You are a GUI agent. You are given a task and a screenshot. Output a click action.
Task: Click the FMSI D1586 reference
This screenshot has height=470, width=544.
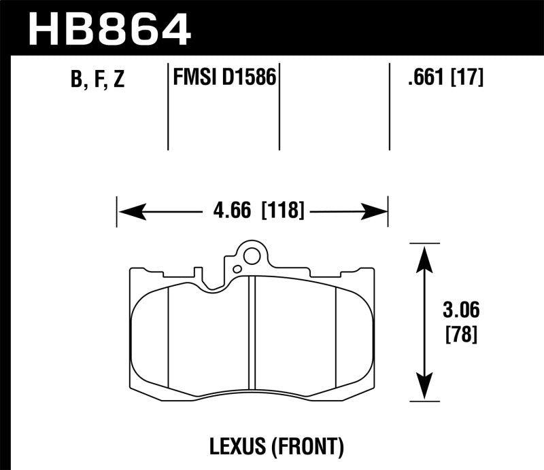tap(224, 78)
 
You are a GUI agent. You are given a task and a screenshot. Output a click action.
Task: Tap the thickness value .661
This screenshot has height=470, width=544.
tap(424, 79)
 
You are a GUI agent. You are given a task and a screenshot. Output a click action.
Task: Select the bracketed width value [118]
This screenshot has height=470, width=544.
tap(282, 211)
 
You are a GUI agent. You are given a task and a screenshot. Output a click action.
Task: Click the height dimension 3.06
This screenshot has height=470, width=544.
tap(460, 312)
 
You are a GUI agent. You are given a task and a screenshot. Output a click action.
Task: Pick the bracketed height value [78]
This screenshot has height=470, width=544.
tap(460, 335)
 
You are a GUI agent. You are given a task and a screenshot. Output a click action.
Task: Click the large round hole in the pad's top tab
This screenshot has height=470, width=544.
tap(252, 257)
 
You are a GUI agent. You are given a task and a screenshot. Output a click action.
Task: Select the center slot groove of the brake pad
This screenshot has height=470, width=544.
tap(252, 333)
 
